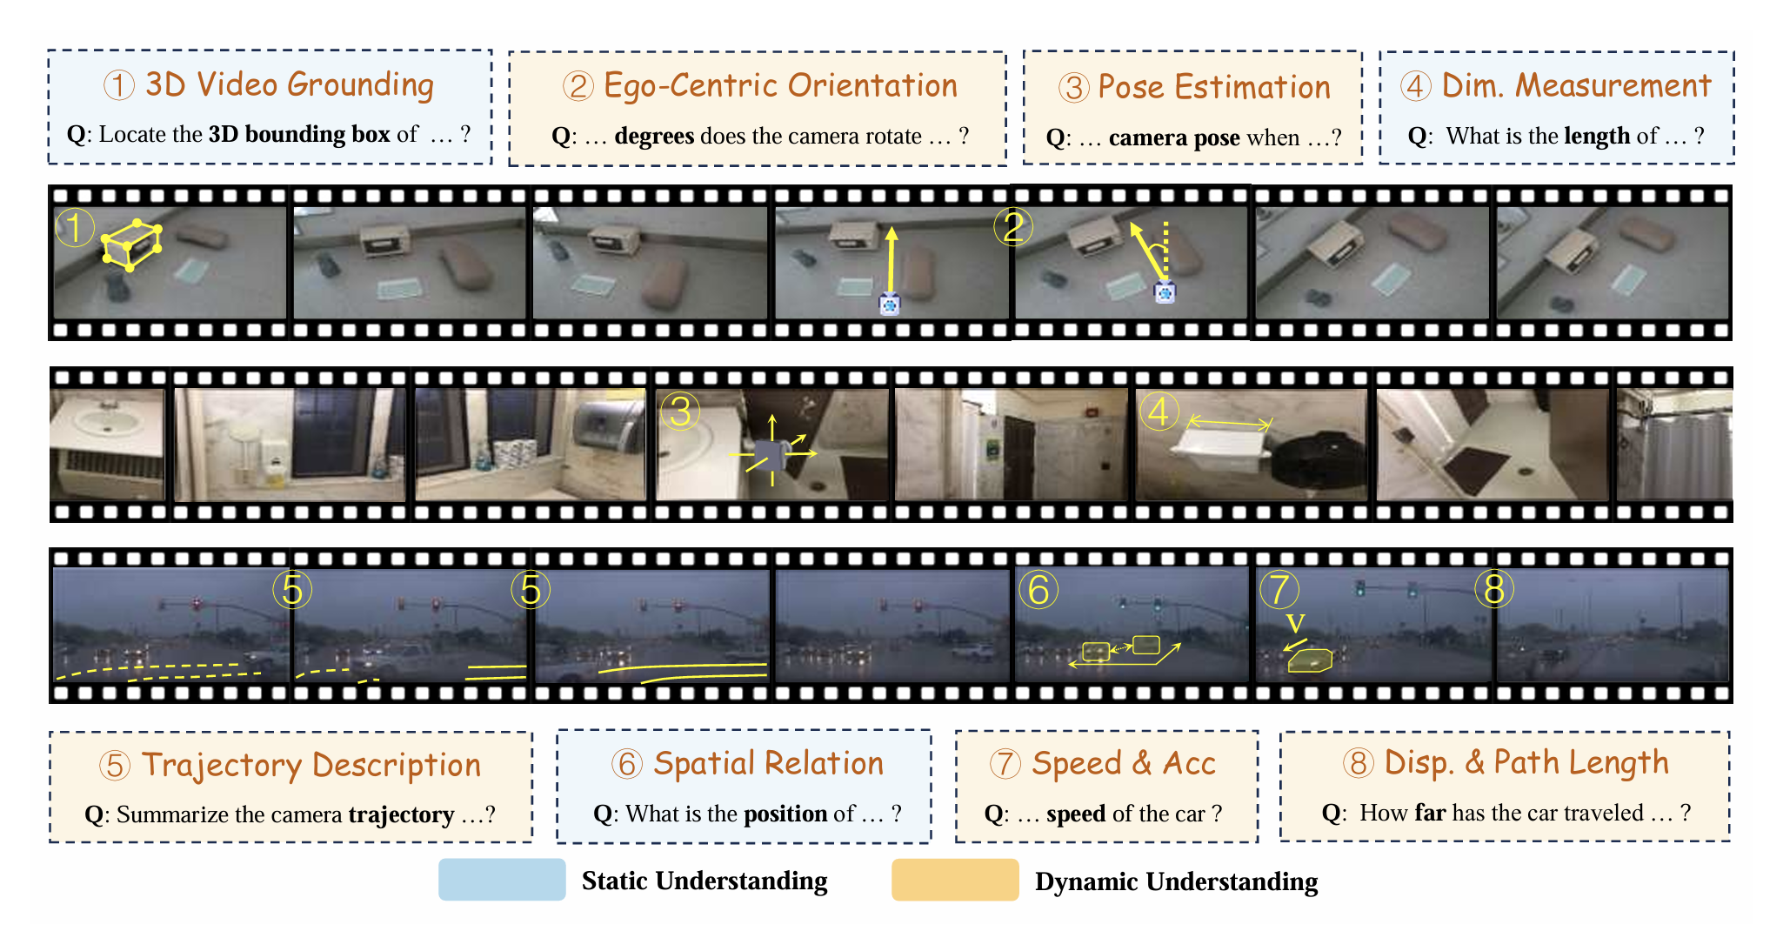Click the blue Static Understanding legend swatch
(502, 880)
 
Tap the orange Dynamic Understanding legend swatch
(954, 880)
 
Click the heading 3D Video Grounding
(289, 84)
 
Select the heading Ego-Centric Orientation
(779, 85)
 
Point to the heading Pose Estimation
(1213, 87)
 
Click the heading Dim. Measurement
(1575, 85)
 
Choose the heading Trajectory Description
(311, 765)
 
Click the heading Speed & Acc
(1123, 763)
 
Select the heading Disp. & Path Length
(1526, 762)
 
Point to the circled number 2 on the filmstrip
(1013, 227)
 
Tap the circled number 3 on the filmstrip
(680, 412)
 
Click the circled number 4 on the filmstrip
(1159, 412)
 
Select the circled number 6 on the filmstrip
(1038, 590)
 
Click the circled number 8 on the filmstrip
(1494, 590)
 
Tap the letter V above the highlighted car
(1295, 623)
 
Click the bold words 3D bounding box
(298, 134)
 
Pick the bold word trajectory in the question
(401, 814)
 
